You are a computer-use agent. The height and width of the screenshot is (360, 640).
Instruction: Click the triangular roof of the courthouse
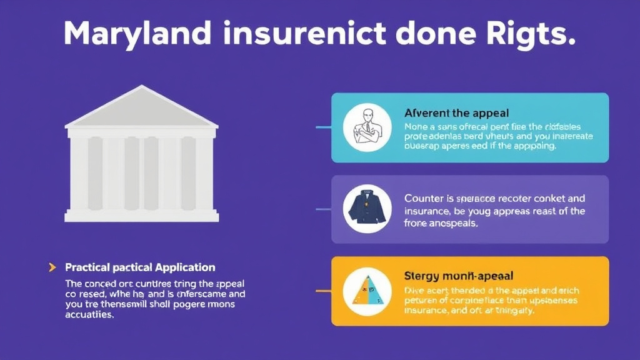[x=142, y=108]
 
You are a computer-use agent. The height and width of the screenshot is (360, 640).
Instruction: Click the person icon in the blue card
[x=367, y=128]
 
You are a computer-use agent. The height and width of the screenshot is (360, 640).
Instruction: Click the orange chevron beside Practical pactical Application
[x=52, y=267]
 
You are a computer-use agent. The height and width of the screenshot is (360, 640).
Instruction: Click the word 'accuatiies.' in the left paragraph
[x=90, y=315]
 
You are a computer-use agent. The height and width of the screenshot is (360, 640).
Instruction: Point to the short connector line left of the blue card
[x=323, y=127]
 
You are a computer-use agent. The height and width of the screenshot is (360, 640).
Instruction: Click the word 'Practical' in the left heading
[x=87, y=267]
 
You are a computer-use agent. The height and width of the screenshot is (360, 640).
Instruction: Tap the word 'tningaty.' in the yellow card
[x=514, y=311]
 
